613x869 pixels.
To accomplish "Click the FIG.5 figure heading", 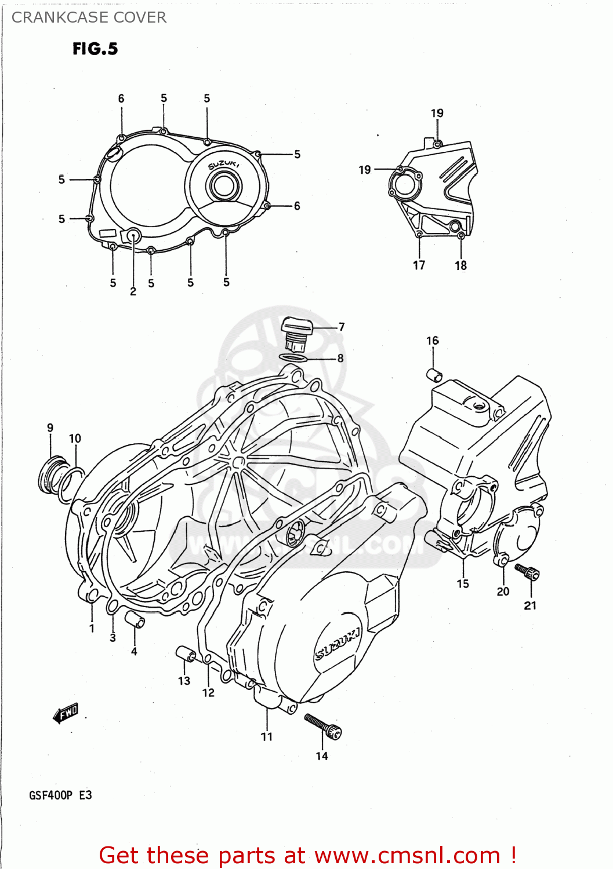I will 95,49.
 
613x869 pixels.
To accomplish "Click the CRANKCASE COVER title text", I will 89,17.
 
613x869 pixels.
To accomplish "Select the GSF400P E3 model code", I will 60,795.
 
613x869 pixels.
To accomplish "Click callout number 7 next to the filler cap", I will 342,327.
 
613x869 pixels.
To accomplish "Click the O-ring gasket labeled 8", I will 293,358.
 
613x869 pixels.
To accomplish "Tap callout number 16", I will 433,341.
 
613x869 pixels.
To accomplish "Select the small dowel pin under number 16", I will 435,375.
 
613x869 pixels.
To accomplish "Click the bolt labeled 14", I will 323,726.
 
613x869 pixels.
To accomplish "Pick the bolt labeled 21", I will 528,572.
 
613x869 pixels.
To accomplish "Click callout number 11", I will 267,736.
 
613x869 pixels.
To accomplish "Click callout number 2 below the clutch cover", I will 133,291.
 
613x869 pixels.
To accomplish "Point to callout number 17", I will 419,265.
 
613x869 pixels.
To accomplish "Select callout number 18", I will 460,265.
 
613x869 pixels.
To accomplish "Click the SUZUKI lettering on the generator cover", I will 337,644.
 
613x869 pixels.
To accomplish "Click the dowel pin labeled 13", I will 186,653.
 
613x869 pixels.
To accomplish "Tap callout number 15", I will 463,583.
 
